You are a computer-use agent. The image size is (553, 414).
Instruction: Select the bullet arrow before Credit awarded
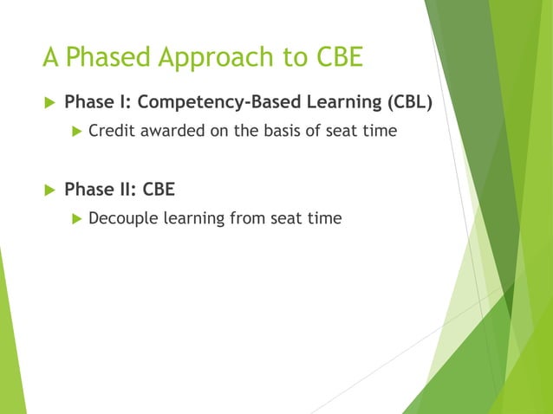coord(75,131)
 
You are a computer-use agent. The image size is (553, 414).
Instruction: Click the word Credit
coord(110,131)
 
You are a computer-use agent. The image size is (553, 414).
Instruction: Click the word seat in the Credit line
coord(345,131)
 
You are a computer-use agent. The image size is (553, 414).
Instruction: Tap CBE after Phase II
coord(158,189)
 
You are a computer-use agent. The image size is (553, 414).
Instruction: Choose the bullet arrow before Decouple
coord(75,218)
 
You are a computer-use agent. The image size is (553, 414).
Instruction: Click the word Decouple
coord(121,218)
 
